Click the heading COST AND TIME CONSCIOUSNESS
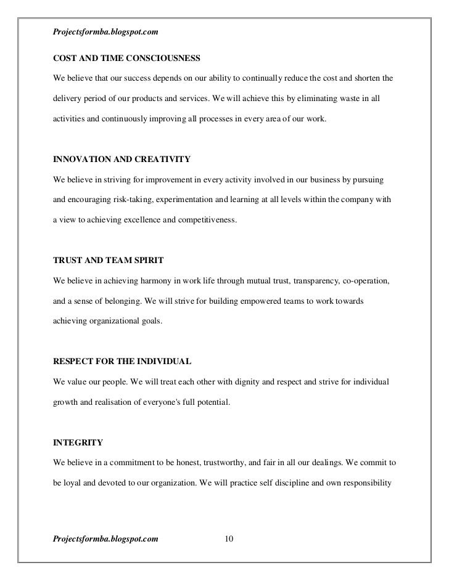click(x=126, y=59)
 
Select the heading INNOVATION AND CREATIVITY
click(x=122, y=160)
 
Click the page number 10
click(x=229, y=539)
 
